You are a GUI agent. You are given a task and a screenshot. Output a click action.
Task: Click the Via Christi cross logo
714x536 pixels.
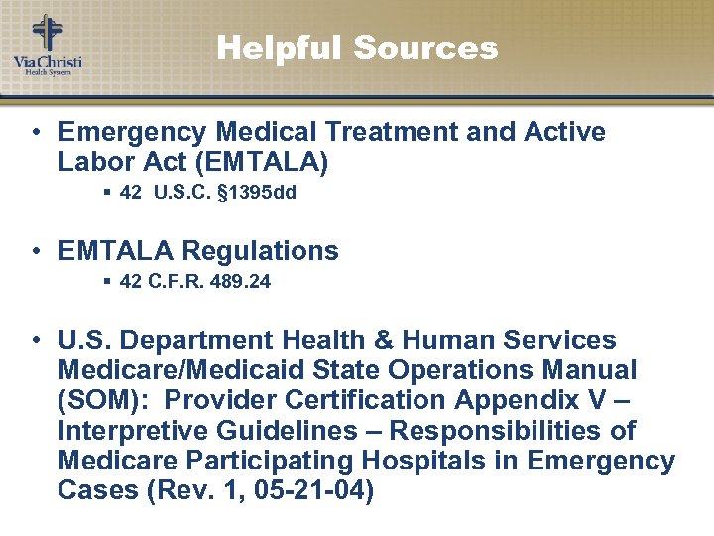[46, 34]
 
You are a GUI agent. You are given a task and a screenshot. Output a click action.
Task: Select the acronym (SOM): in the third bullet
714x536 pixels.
[100, 400]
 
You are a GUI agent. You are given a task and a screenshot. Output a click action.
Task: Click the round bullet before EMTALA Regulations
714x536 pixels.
[35, 251]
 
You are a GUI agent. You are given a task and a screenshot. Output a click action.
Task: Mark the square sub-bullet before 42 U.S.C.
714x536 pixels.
[106, 193]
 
